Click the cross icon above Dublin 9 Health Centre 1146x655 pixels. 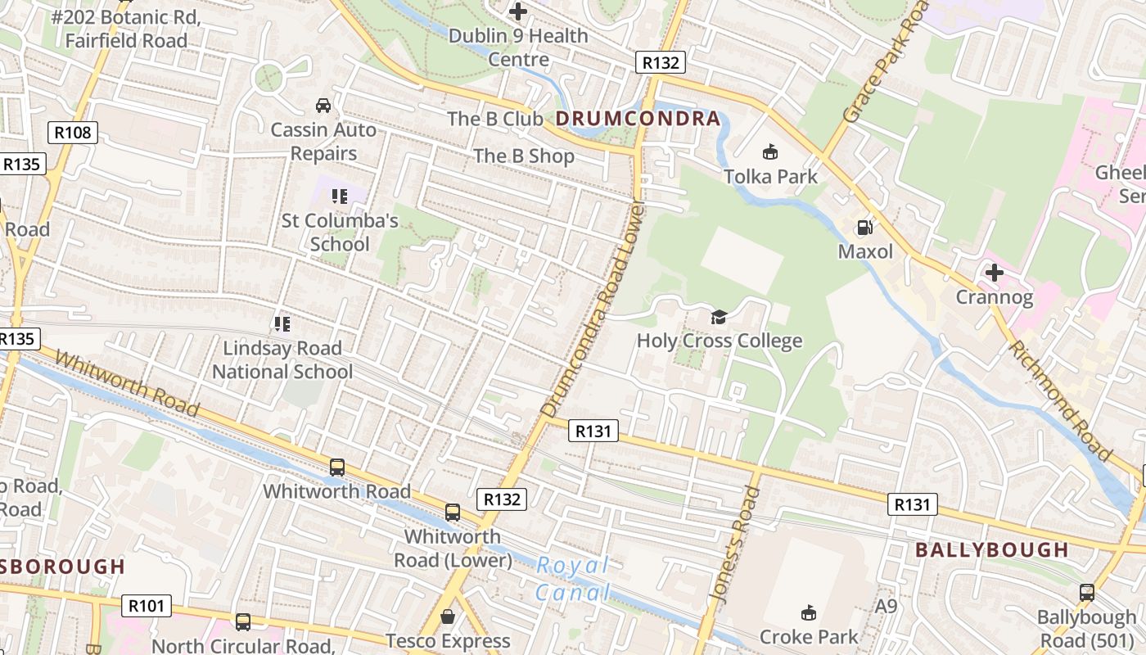[517, 11]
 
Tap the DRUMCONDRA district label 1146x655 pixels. [638, 119]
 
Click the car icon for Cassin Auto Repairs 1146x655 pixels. [323, 106]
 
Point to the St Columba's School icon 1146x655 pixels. [339, 196]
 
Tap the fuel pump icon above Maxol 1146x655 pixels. [864, 228]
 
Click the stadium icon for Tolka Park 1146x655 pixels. [769, 151]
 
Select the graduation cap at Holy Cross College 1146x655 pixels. [719, 317]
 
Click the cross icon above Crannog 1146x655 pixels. [995, 272]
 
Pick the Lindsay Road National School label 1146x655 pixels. [282, 360]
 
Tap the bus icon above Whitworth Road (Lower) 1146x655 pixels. [453, 513]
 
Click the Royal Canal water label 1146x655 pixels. [573, 578]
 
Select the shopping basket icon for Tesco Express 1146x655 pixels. [448, 616]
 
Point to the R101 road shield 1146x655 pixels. [147, 606]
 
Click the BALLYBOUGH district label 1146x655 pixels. [992, 550]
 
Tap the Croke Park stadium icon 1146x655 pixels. [809, 612]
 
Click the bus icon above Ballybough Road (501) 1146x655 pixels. [1086, 593]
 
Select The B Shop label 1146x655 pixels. [524, 156]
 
